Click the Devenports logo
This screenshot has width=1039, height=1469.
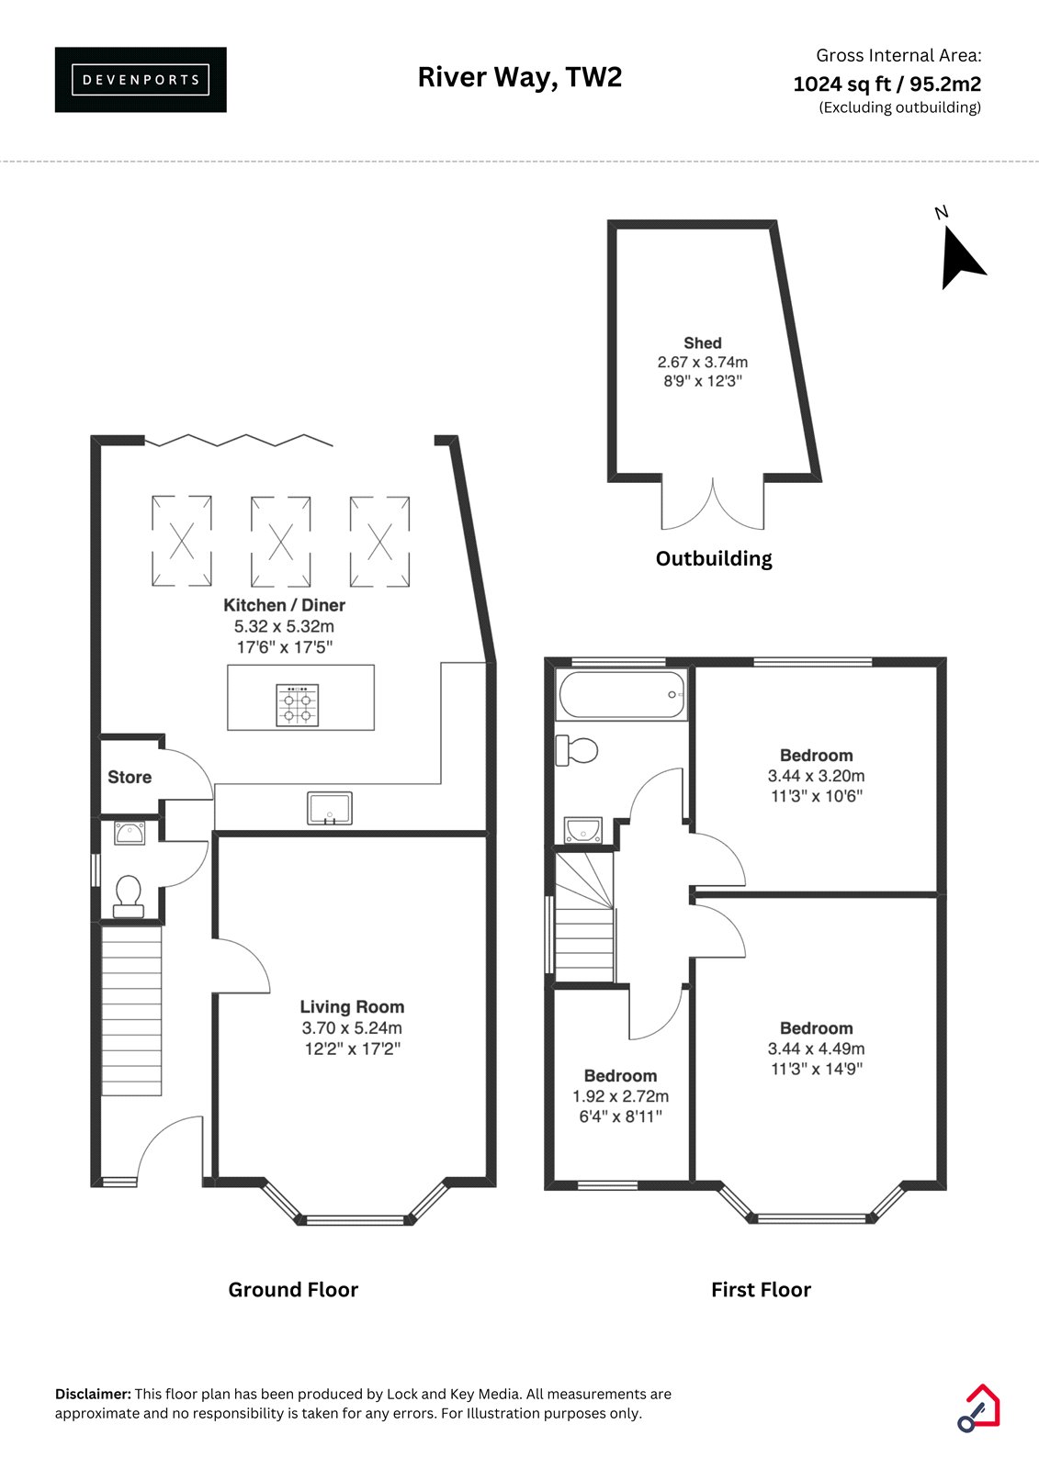click(x=141, y=80)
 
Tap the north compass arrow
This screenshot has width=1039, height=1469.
click(x=959, y=259)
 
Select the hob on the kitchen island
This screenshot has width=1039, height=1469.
click(x=298, y=705)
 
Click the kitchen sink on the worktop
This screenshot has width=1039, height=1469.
click(x=330, y=808)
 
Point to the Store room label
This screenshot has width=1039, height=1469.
click(x=130, y=777)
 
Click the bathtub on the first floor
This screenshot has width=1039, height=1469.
click(x=621, y=694)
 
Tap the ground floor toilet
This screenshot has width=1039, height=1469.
click(x=129, y=896)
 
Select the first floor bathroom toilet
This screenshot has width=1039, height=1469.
click(x=576, y=750)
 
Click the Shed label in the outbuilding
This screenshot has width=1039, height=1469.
click(x=702, y=343)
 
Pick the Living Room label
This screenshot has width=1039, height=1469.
click(x=352, y=1006)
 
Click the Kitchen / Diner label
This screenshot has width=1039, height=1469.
click(x=284, y=605)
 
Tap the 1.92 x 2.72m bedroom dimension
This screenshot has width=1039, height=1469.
click(x=620, y=1096)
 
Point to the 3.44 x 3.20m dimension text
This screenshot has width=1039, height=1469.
click(x=816, y=776)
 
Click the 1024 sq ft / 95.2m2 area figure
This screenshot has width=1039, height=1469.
click(x=887, y=84)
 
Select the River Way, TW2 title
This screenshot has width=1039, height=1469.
click(x=519, y=77)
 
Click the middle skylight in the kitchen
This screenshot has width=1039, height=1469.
click(x=280, y=542)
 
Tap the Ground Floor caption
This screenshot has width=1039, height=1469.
click(x=293, y=1290)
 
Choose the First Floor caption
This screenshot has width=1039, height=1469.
click(x=761, y=1290)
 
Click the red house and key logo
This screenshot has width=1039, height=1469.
click(x=978, y=1407)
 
